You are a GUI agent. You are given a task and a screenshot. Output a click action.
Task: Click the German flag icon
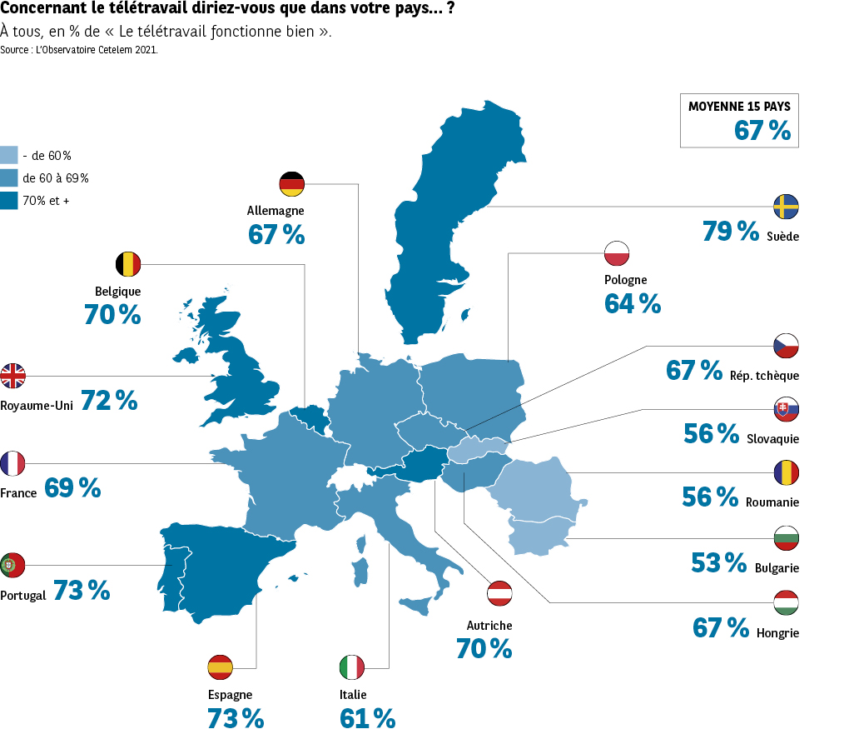tap(292, 184)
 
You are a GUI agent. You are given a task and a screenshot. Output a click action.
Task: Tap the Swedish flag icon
tap(786, 206)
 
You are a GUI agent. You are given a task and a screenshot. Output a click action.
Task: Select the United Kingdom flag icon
tap(12, 376)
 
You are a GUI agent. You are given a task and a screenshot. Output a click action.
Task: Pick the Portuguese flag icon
tap(12, 565)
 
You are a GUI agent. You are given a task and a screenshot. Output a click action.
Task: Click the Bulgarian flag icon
tap(786, 538)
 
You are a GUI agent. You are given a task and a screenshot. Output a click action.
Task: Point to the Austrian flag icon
tap(499, 593)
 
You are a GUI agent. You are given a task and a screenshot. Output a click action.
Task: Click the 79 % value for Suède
tap(730, 231)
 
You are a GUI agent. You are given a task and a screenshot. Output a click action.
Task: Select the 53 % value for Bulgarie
tap(718, 563)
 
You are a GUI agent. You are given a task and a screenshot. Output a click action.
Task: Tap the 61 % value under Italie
tap(367, 717)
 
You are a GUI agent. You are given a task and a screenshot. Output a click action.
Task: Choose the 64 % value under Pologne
tap(633, 304)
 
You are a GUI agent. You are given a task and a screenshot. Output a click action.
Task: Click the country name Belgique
tap(117, 292)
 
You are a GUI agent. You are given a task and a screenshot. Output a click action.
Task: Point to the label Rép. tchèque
tap(763, 376)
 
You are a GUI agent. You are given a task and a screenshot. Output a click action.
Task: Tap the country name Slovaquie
tap(772, 438)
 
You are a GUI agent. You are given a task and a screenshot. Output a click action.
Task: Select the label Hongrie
tap(777, 633)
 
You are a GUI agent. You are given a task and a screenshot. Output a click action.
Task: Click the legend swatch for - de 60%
tap(9, 155)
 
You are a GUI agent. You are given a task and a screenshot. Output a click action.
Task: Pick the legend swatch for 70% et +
tap(9, 200)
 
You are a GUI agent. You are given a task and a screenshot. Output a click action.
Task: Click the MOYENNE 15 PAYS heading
tap(739, 107)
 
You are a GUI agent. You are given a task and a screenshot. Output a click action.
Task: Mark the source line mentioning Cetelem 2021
tap(79, 50)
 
